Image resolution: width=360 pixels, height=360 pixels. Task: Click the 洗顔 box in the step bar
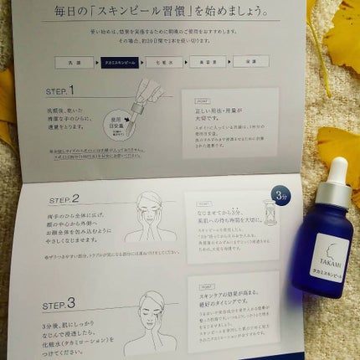click(x=75, y=62)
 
